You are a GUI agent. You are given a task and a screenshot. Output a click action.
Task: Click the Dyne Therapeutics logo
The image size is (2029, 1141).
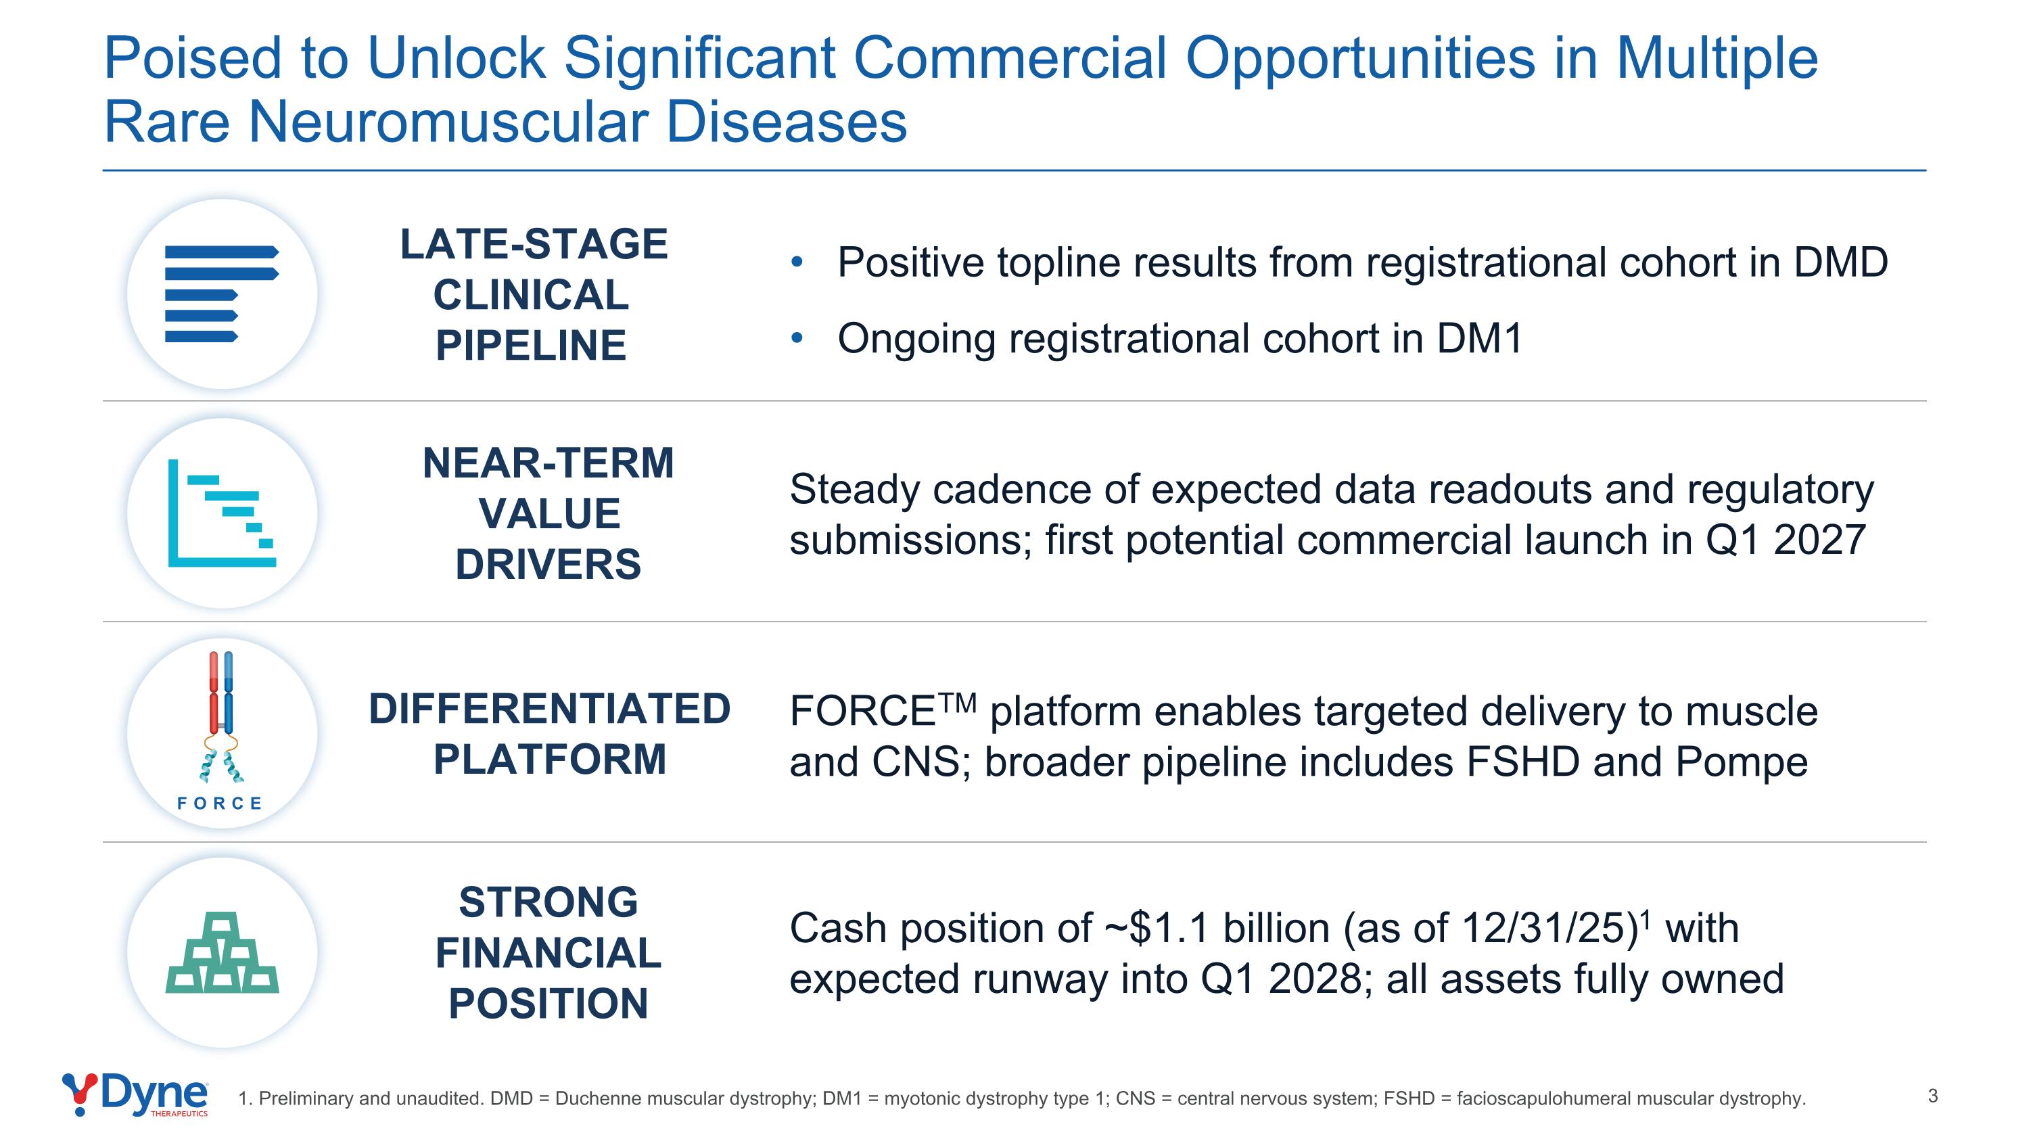pyautogui.click(x=135, y=1095)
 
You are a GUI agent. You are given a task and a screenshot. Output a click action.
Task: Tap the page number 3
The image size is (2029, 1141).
pyautogui.click(x=1932, y=1096)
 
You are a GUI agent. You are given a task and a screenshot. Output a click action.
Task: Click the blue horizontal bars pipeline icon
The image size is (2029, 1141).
pyautogui.click(x=222, y=294)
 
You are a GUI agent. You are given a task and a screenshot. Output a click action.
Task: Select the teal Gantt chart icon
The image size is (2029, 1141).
pyautogui.click(x=222, y=513)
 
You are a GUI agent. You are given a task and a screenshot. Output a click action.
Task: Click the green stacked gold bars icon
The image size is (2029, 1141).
pyautogui.click(x=222, y=952)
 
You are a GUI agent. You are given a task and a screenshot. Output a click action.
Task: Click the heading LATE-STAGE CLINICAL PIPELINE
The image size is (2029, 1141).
pyautogui.click(x=533, y=294)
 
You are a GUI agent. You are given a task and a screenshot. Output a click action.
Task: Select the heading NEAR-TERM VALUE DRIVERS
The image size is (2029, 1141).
pyautogui.click(x=549, y=513)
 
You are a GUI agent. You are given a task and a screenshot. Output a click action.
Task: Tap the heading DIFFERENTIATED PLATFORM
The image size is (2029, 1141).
pyautogui.click(x=550, y=734)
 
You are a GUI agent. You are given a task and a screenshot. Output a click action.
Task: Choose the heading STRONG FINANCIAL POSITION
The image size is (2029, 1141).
pyautogui.click(x=549, y=953)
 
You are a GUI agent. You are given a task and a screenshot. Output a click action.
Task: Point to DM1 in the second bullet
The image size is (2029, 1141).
pyautogui.click(x=1479, y=339)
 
